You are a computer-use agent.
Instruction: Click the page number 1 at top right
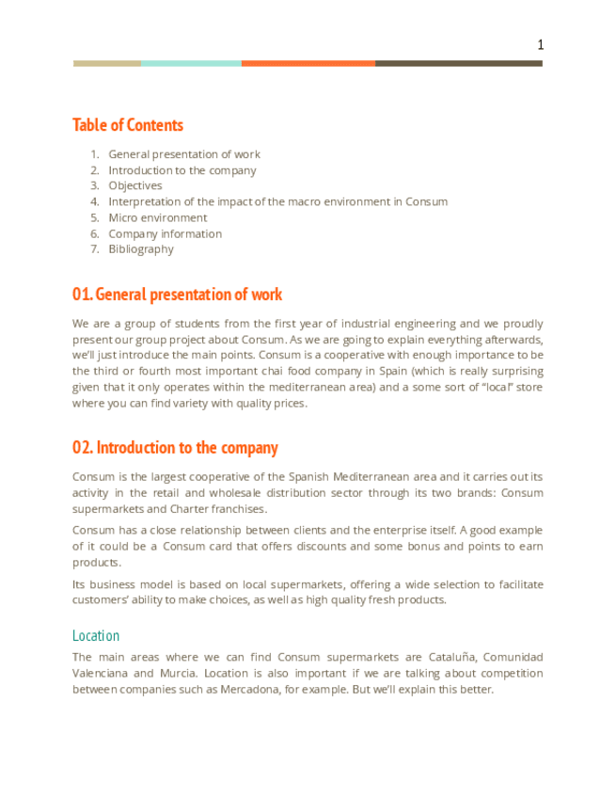click(x=540, y=45)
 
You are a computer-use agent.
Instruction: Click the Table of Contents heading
click(x=128, y=125)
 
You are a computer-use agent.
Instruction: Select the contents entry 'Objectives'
click(x=135, y=185)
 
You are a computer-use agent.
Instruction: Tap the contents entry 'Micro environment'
click(x=158, y=217)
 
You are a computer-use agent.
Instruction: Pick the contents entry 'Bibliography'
click(x=141, y=249)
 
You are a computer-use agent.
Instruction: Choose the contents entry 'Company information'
click(x=166, y=233)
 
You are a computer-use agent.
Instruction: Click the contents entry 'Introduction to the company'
click(x=182, y=170)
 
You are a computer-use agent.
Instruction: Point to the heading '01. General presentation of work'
click(x=177, y=295)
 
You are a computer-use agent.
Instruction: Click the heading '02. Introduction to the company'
click(x=175, y=447)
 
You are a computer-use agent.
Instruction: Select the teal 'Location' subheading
click(x=96, y=635)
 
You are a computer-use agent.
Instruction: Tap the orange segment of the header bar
click(x=308, y=63)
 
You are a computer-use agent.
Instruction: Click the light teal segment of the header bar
click(x=191, y=63)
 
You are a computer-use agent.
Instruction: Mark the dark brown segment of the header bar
click(x=459, y=63)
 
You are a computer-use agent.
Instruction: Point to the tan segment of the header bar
click(x=107, y=63)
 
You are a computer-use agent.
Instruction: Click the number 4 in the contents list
click(x=95, y=201)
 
